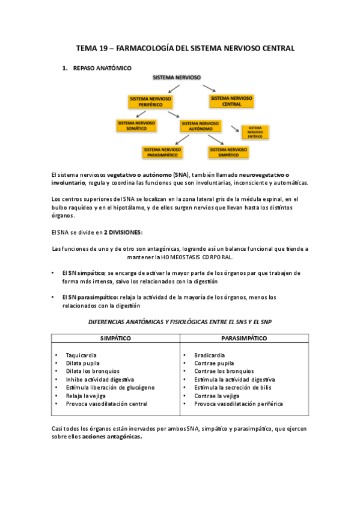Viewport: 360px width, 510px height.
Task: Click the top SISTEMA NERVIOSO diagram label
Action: click(177, 78)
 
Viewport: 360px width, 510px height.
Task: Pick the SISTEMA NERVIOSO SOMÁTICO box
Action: click(136, 125)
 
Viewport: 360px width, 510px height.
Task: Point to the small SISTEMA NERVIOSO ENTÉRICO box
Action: click(254, 132)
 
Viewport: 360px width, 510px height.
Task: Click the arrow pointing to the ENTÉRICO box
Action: click(234, 128)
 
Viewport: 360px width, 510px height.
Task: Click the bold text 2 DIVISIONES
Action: click(123, 232)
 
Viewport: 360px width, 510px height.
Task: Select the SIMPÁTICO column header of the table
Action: click(115, 339)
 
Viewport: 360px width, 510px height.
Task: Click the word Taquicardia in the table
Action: click(82, 355)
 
